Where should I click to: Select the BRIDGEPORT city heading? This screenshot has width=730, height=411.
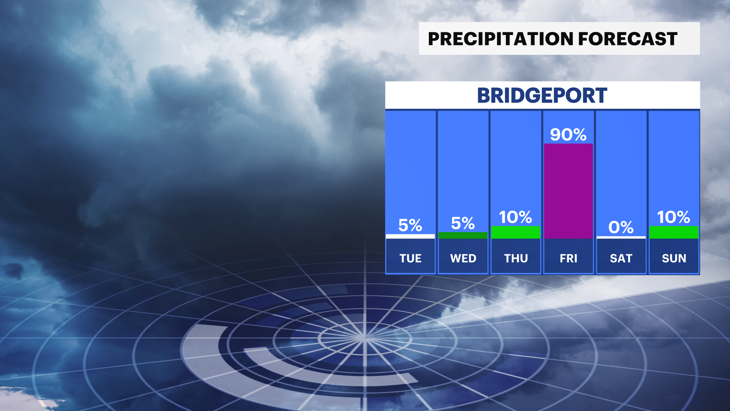pyautogui.click(x=542, y=96)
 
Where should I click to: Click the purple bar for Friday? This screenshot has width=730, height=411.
pyautogui.click(x=568, y=191)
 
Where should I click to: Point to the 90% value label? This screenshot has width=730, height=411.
pyautogui.click(x=568, y=135)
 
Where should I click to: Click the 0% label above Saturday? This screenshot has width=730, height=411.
pyautogui.click(x=621, y=228)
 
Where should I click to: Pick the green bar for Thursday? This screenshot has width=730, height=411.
pyautogui.click(x=516, y=232)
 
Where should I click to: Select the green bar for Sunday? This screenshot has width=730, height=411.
pyautogui.click(x=674, y=232)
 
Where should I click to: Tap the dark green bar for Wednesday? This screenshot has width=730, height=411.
pyautogui.click(x=463, y=235)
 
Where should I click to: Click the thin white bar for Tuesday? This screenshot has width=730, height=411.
pyautogui.click(x=410, y=236)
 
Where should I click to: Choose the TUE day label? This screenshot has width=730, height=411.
pyautogui.click(x=410, y=258)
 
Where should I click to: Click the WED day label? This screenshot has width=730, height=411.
pyautogui.click(x=463, y=258)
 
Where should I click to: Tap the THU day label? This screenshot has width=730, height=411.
pyautogui.click(x=516, y=258)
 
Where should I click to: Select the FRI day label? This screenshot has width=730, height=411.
pyautogui.click(x=568, y=258)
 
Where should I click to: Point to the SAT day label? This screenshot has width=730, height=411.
pyautogui.click(x=621, y=258)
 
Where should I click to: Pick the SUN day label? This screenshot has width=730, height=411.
pyautogui.click(x=674, y=258)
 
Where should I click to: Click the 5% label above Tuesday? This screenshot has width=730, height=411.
pyautogui.click(x=410, y=225)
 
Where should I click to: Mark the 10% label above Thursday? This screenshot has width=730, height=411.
pyautogui.click(x=516, y=217)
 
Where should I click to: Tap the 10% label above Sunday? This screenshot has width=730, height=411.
pyautogui.click(x=674, y=217)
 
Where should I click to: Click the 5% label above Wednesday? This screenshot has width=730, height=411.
pyautogui.click(x=463, y=223)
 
